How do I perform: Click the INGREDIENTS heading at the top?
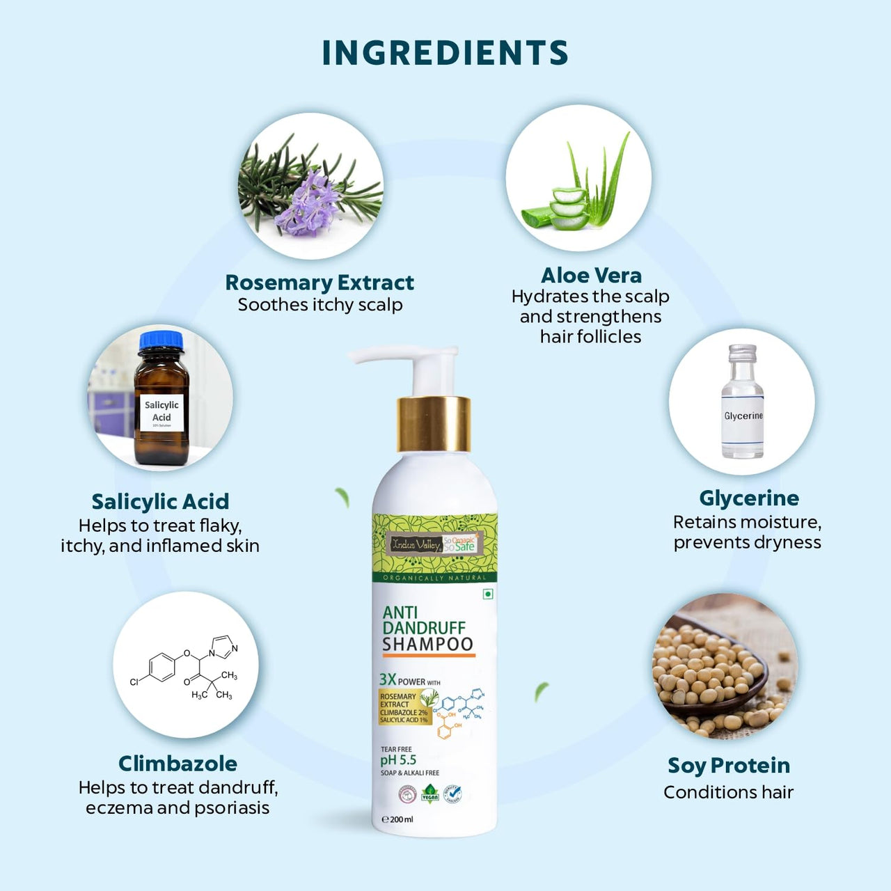445,53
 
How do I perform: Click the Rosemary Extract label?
320,283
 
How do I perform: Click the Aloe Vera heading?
591,275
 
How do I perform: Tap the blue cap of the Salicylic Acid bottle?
161,342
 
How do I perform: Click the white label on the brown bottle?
161,413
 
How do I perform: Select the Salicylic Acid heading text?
160,501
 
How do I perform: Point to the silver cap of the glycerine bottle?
742,354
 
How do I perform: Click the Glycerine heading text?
749,498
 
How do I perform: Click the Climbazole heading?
178,763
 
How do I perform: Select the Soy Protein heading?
729,765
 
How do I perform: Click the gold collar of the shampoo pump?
434,424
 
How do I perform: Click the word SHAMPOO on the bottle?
427,644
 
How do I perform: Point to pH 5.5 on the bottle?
398,760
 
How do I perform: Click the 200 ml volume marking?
397,819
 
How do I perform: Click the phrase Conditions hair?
728,792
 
